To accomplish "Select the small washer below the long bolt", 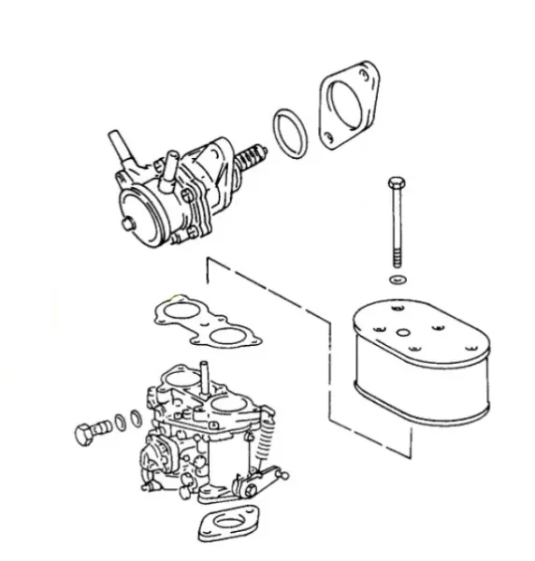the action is (398, 280).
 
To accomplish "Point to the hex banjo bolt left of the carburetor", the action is (88, 433).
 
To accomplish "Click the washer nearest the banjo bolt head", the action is (120, 423).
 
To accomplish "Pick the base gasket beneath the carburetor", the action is (229, 525).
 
